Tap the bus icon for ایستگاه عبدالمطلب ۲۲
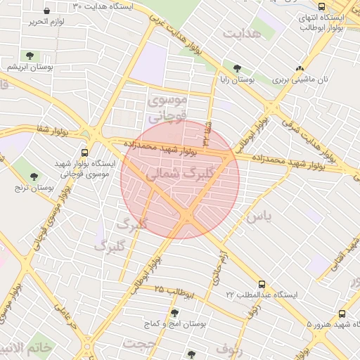tap(262, 285)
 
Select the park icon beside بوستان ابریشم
tap(30, 56)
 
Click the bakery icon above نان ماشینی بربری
tap(300, 69)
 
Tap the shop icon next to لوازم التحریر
tap(46, 11)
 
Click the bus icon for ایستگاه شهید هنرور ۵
tap(342, 314)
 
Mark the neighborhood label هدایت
tap(242, 33)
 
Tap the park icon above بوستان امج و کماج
tap(174, 312)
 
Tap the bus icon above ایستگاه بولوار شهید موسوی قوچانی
tap(85, 152)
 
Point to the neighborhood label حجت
tap(139, 344)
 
